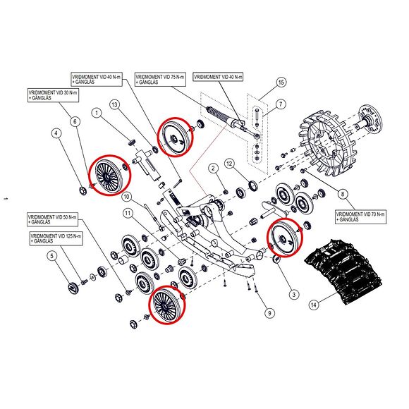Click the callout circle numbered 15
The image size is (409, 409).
tap(281, 83)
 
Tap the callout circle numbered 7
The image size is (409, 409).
tap(281, 104)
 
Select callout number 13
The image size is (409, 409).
tap(114, 105)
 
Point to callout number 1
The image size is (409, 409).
tap(97, 113)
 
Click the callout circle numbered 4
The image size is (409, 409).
tap(56, 133)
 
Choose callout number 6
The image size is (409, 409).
tap(75, 122)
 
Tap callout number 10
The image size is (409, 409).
tap(127, 196)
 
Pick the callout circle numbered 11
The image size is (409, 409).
tap(128, 214)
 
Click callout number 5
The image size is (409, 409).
tap(52, 256)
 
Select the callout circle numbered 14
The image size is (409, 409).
tap(314, 305)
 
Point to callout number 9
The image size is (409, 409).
tap(269, 313)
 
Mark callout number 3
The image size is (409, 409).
tap(294, 295)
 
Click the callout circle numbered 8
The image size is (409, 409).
tap(343, 194)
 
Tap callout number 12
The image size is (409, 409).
tap(229, 164)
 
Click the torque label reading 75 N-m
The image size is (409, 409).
tap(160, 79)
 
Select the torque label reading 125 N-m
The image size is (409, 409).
tap(56, 238)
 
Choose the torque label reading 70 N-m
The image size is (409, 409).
tap(361, 216)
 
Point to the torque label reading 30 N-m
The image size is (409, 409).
tap(53, 95)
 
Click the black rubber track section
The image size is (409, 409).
tap(344, 271)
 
